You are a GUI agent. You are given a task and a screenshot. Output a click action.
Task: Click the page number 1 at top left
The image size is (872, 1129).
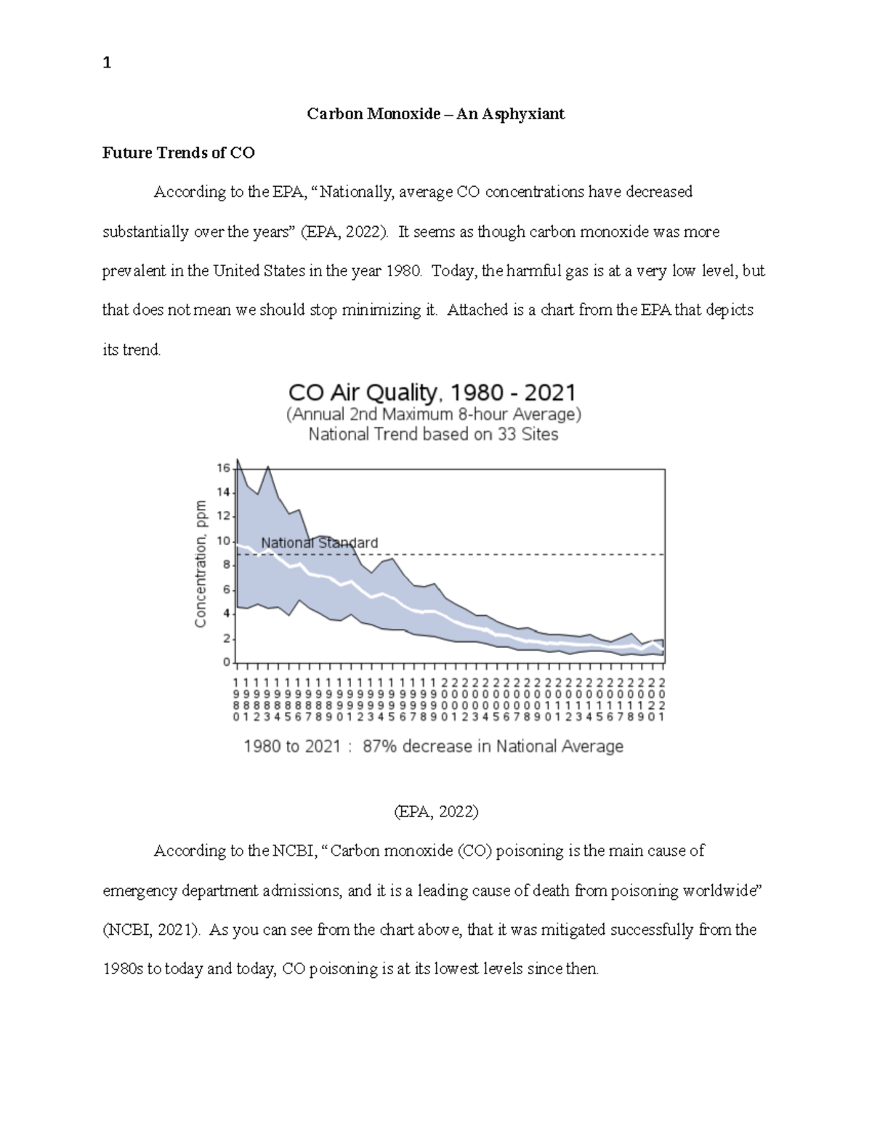tap(107, 63)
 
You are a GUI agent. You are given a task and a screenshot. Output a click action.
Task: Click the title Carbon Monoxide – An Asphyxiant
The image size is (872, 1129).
tap(435, 114)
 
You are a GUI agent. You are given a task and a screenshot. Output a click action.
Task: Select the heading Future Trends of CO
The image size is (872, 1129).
tap(178, 153)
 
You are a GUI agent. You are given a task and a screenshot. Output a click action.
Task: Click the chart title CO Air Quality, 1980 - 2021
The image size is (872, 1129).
tap(432, 393)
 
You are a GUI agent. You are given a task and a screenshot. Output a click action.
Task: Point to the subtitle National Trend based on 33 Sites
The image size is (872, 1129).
tap(433, 435)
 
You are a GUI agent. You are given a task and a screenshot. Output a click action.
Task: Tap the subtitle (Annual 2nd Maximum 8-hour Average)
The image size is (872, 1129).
tap(433, 414)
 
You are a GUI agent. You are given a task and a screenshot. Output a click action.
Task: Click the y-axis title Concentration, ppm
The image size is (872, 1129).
tap(201, 563)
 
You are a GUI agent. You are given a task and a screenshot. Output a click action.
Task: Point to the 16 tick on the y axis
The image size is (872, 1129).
tap(223, 468)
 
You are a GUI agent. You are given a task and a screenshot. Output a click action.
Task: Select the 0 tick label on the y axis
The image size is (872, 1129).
tap(227, 663)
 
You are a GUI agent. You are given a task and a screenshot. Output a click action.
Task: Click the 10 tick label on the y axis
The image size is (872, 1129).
tap(223, 542)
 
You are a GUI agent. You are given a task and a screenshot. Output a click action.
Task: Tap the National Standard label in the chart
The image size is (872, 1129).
tap(319, 543)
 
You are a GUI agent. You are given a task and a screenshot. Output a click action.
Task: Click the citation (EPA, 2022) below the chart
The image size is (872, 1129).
tap(436, 811)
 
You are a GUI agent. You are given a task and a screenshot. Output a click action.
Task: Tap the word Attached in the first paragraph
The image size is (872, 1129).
tap(477, 310)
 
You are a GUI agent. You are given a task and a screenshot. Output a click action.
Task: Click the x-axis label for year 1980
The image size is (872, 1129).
tap(235, 699)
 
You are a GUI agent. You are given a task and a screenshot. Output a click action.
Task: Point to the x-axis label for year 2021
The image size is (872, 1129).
tap(662, 699)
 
